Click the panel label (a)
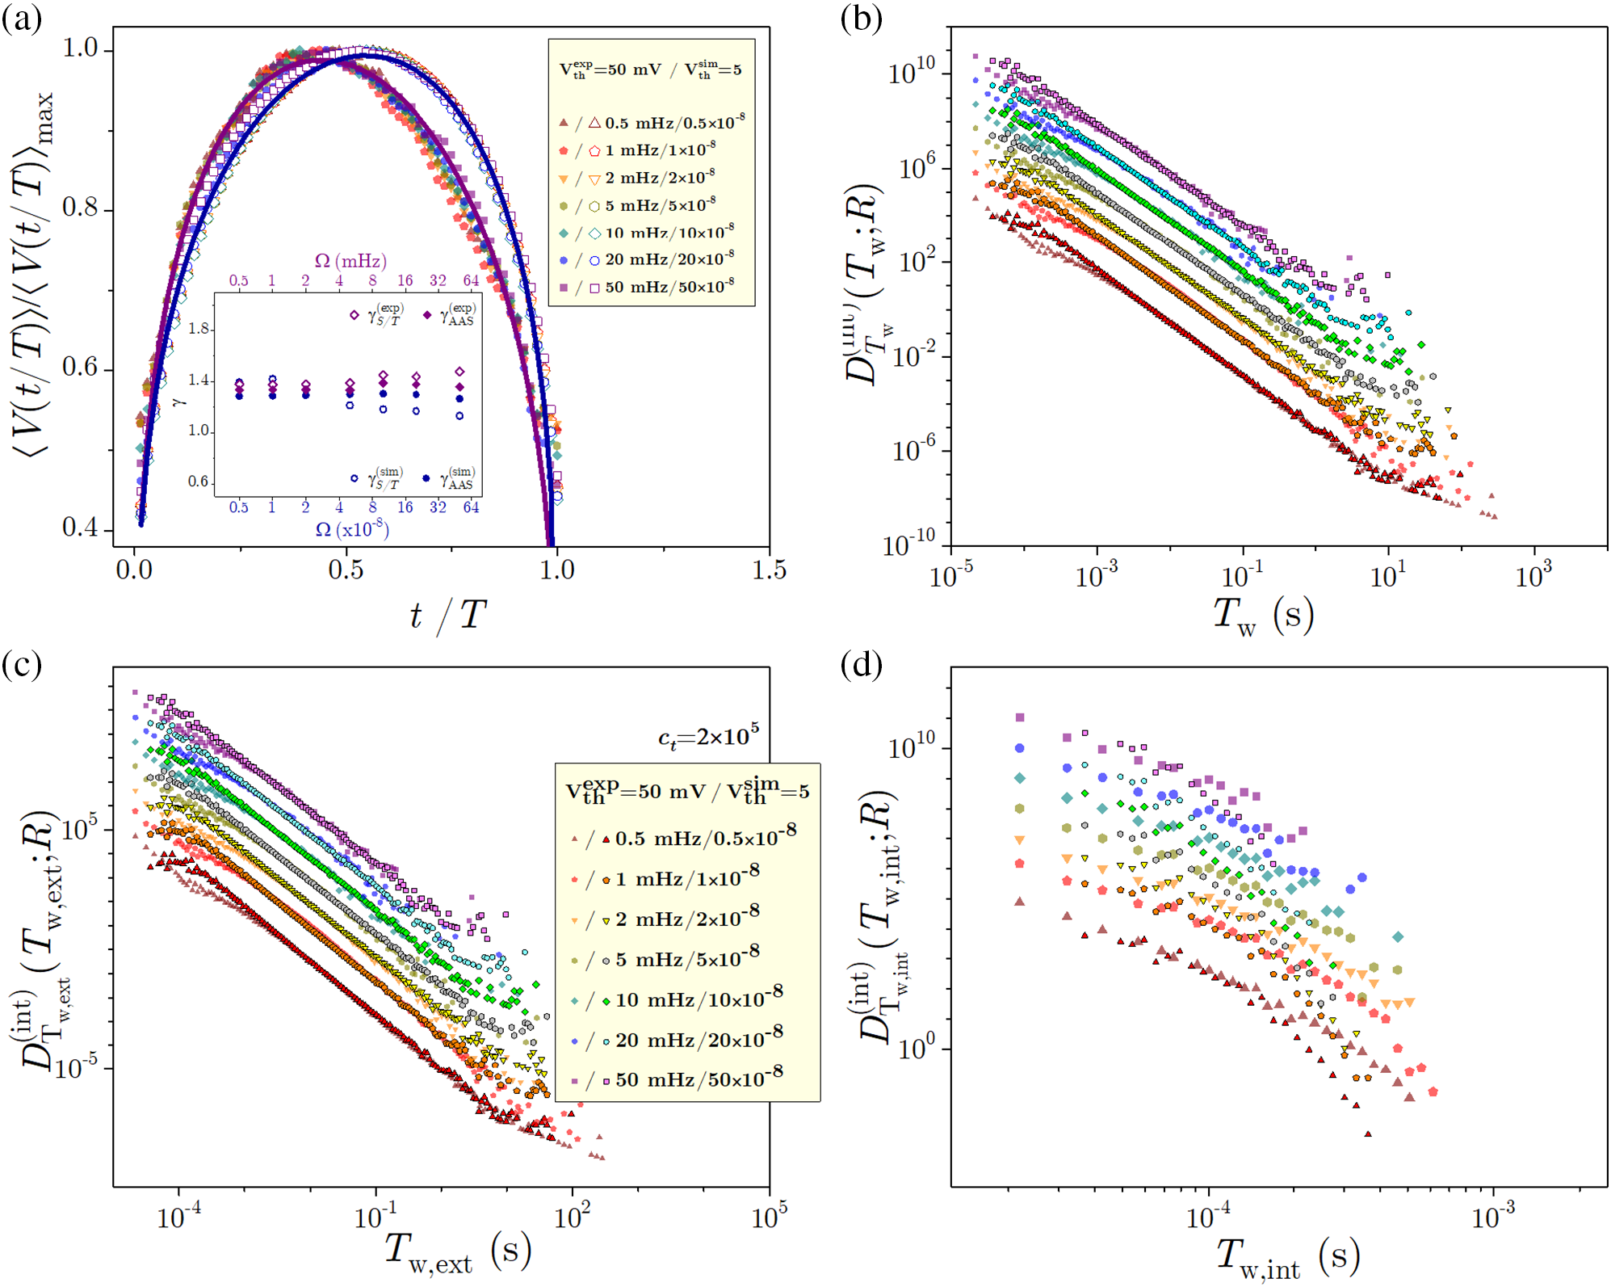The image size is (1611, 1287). point(22,18)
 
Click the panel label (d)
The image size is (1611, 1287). point(861,664)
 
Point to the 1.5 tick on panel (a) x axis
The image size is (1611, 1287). point(769,570)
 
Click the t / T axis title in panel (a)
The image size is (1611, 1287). point(447,616)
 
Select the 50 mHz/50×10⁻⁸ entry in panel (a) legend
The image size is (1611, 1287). point(669,287)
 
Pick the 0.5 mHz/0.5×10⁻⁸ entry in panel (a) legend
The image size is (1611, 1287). point(673,123)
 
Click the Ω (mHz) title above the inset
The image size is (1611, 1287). point(350,260)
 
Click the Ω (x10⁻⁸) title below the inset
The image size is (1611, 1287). point(352,529)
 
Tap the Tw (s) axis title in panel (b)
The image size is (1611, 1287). point(1264,616)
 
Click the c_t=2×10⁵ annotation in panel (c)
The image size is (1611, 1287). point(708,737)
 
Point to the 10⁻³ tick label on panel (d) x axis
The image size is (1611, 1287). point(1493,1214)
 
